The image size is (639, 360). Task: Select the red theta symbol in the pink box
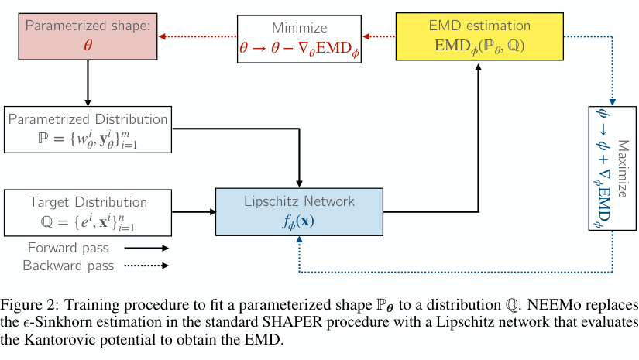(x=88, y=45)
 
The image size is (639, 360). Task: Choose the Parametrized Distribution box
(x=88, y=130)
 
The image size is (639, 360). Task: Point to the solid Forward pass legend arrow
(x=143, y=249)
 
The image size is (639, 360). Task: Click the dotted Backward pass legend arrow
(x=143, y=266)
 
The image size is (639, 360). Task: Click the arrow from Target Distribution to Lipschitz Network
(x=193, y=211)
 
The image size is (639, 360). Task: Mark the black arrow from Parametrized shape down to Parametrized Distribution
(x=88, y=82)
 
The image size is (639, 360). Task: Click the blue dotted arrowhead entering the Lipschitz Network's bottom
(x=299, y=240)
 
